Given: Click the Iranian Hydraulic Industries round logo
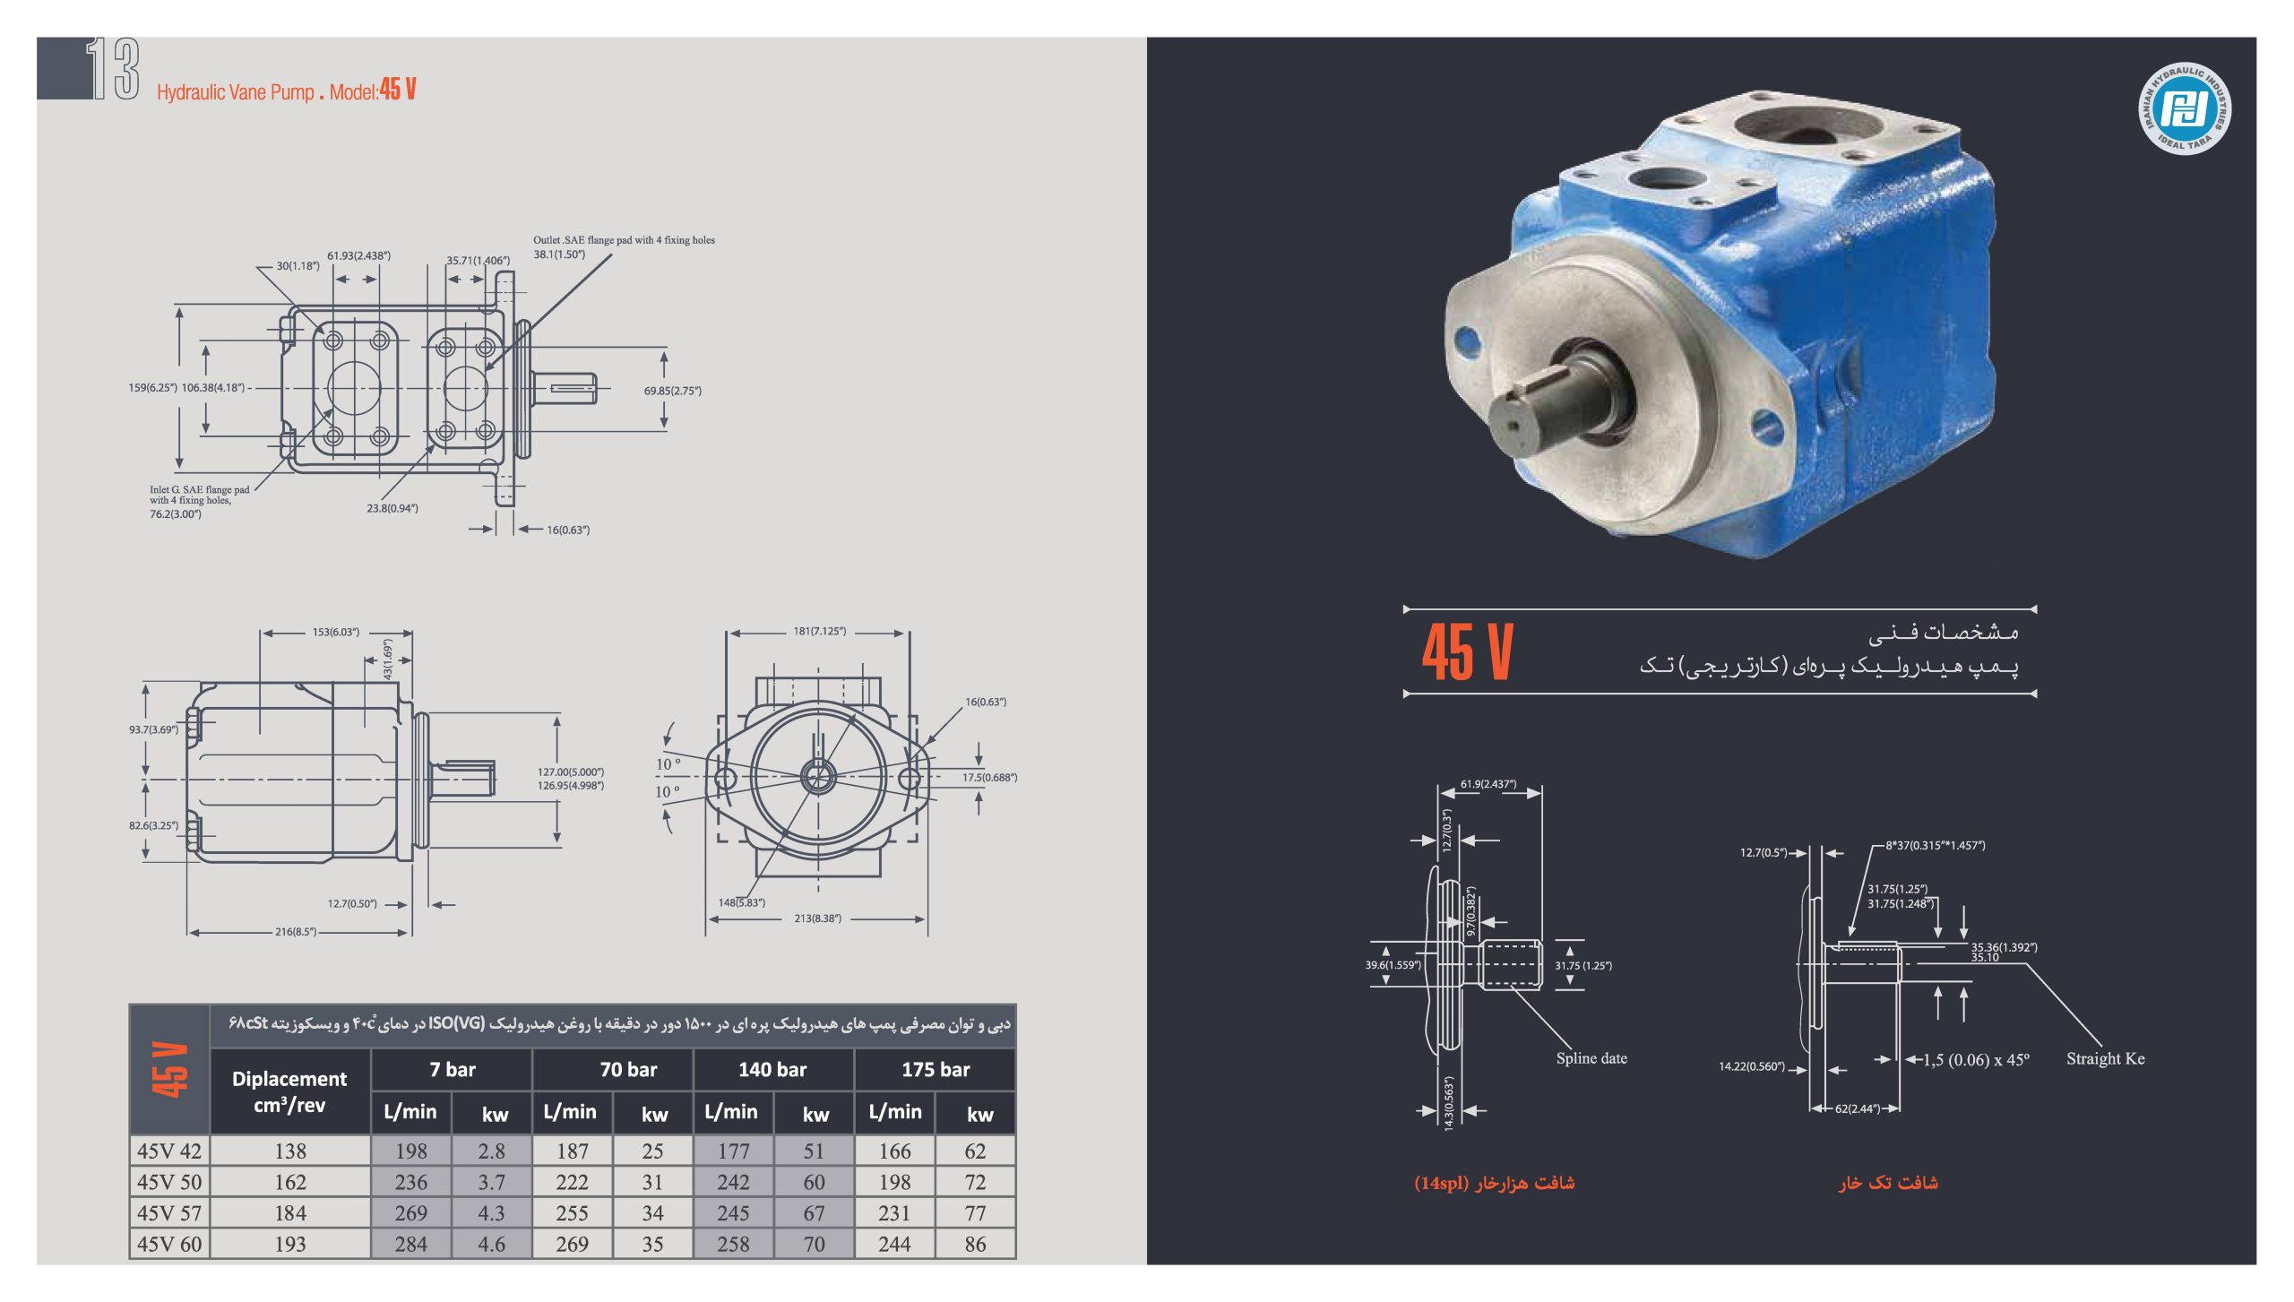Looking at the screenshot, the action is (x=2184, y=109).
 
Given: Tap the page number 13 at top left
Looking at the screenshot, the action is (x=113, y=68).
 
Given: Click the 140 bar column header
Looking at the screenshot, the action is (x=772, y=1069).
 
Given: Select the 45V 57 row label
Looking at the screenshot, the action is (x=169, y=1212).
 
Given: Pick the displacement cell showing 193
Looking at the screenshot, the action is (x=290, y=1244).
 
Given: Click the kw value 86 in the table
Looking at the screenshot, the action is (x=975, y=1244).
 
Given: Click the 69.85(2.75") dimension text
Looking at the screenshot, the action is (x=673, y=391).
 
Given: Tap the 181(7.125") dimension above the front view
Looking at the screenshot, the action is (x=819, y=631).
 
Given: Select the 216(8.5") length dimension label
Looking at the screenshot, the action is (x=296, y=932).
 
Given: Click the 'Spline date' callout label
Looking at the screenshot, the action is (x=1591, y=1058).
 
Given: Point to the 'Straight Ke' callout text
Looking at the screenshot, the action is (x=2106, y=1058).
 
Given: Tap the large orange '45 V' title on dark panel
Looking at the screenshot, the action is (x=1467, y=651).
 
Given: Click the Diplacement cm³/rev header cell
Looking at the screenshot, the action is (x=289, y=1091).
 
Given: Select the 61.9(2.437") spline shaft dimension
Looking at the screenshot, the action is (x=1488, y=784).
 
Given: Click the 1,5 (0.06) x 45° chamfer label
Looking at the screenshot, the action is (x=1976, y=1060).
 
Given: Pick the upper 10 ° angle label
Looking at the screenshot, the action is (x=668, y=764).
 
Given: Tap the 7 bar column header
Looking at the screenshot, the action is (x=453, y=1069).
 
